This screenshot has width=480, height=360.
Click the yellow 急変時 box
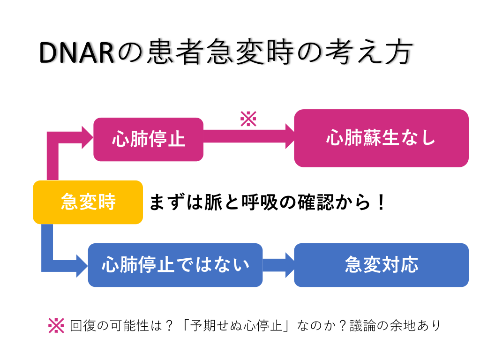[x=88, y=202]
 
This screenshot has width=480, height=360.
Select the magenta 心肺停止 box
[x=148, y=139]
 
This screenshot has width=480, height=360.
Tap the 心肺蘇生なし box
[x=381, y=138]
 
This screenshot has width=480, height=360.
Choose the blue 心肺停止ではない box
[x=175, y=265]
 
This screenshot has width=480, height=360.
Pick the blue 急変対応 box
[x=381, y=265]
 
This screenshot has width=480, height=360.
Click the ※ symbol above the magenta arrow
[x=248, y=119]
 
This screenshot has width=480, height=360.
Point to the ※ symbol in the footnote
[x=56, y=325]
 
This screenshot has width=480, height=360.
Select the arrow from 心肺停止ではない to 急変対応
[x=278, y=265]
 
